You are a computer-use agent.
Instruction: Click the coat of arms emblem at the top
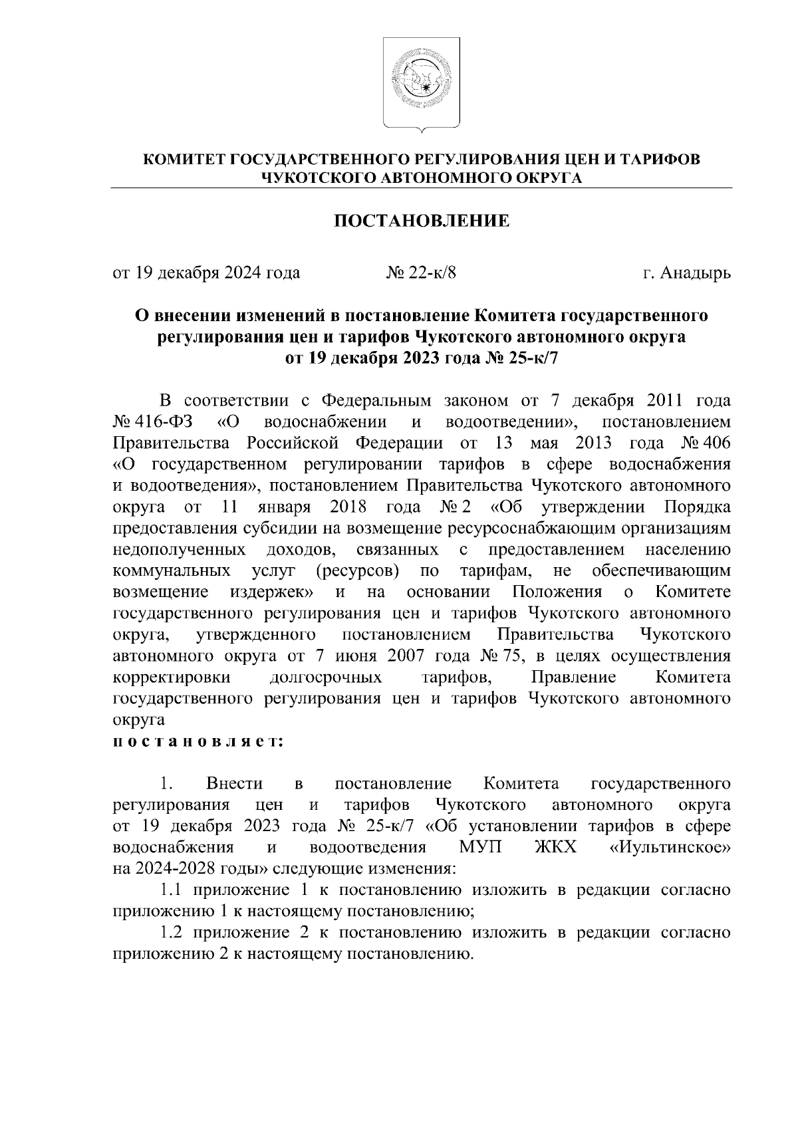pyautogui.click(x=422, y=83)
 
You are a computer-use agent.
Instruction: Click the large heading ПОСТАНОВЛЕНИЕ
pyautogui.click(x=422, y=221)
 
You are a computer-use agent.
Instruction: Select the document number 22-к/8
pyautogui.click(x=432, y=273)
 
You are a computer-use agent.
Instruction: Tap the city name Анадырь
pyautogui.click(x=696, y=273)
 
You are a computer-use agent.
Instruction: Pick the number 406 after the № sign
pyautogui.click(x=717, y=444)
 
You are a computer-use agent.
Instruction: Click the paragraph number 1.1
pyautogui.click(x=172, y=890)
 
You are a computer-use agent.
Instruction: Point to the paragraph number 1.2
pyautogui.click(x=172, y=933)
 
